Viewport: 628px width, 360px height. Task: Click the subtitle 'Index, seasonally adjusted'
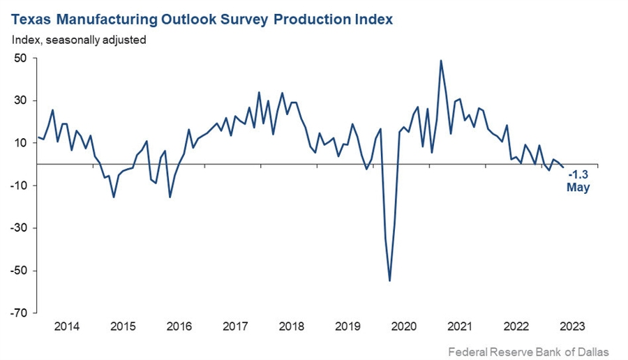(x=79, y=40)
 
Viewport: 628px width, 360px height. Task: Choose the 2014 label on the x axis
(x=66, y=326)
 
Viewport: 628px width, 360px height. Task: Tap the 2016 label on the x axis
(x=179, y=326)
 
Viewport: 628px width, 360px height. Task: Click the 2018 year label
(x=292, y=326)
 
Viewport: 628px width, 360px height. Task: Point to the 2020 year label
(x=404, y=326)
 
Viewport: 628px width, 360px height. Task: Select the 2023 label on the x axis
(x=573, y=326)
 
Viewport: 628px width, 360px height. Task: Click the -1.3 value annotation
(x=578, y=175)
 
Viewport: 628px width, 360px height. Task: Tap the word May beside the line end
(x=578, y=188)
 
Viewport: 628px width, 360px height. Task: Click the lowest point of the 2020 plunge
(x=389, y=280)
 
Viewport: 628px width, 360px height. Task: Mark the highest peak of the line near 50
(x=441, y=61)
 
